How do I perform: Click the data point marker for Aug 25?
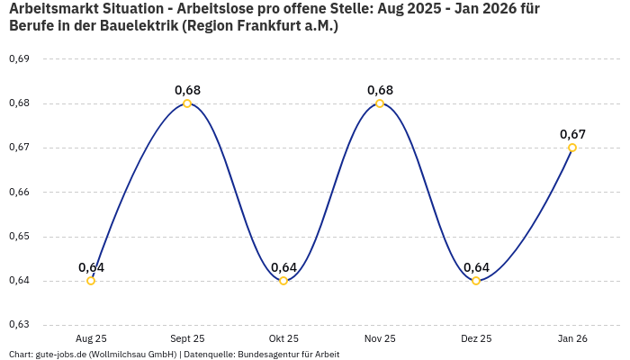(91, 281)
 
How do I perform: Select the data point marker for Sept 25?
(187, 103)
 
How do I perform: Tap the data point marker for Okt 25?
(283, 281)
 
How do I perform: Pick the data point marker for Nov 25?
(380, 103)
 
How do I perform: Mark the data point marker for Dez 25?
(476, 281)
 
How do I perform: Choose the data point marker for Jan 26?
(572, 148)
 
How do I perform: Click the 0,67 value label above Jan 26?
(572, 134)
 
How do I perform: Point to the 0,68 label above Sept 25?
(187, 90)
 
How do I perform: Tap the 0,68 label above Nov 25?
(380, 90)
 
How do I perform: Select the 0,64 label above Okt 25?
(283, 267)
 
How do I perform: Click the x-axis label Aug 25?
(91, 338)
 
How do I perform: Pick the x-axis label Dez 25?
(476, 338)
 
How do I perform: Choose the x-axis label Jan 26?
(572, 338)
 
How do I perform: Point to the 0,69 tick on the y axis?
(19, 59)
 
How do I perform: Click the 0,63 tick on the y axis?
(19, 325)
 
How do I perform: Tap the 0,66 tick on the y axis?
(19, 192)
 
